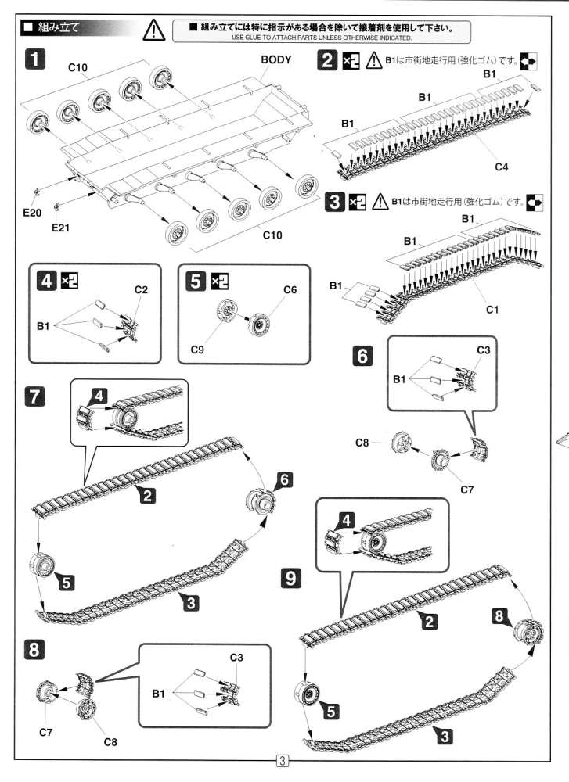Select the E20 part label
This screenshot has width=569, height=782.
[x=31, y=212]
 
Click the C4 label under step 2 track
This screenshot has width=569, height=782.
[x=501, y=167]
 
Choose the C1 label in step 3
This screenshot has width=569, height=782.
[x=492, y=310]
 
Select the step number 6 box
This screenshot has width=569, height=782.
[x=362, y=356]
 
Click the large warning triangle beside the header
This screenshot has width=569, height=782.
[x=156, y=30]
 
